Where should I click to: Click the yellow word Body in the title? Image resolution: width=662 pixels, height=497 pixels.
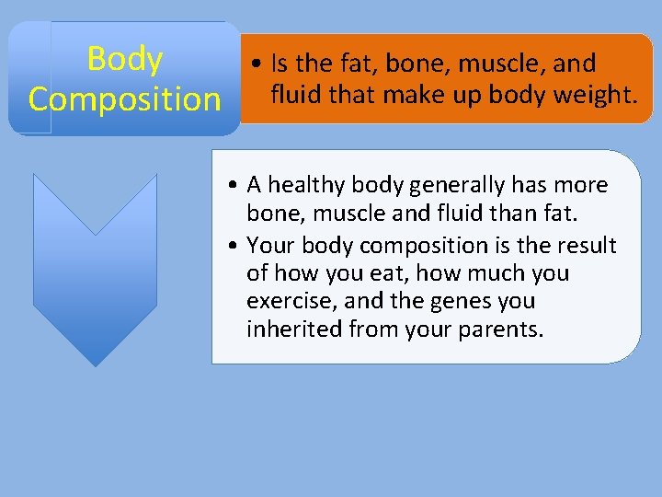tap(125, 60)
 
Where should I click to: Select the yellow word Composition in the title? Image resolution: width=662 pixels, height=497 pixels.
tap(125, 98)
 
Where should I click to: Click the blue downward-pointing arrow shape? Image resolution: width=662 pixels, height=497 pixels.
tap(95, 267)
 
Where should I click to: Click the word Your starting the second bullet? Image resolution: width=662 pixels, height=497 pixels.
tap(270, 247)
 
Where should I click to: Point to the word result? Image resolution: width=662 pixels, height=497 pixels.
tap(586, 247)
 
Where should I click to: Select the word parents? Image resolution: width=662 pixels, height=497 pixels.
tap(505, 329)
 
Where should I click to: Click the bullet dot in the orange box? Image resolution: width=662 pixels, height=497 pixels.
tap(261, 65)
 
